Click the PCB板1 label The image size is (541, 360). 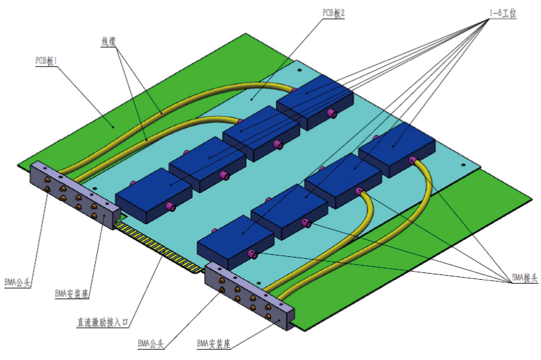pos(46,60)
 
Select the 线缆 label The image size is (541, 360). pos(108,42)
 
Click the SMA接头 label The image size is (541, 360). pos(520,278)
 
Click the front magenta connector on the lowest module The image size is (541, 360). pos(253,253)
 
